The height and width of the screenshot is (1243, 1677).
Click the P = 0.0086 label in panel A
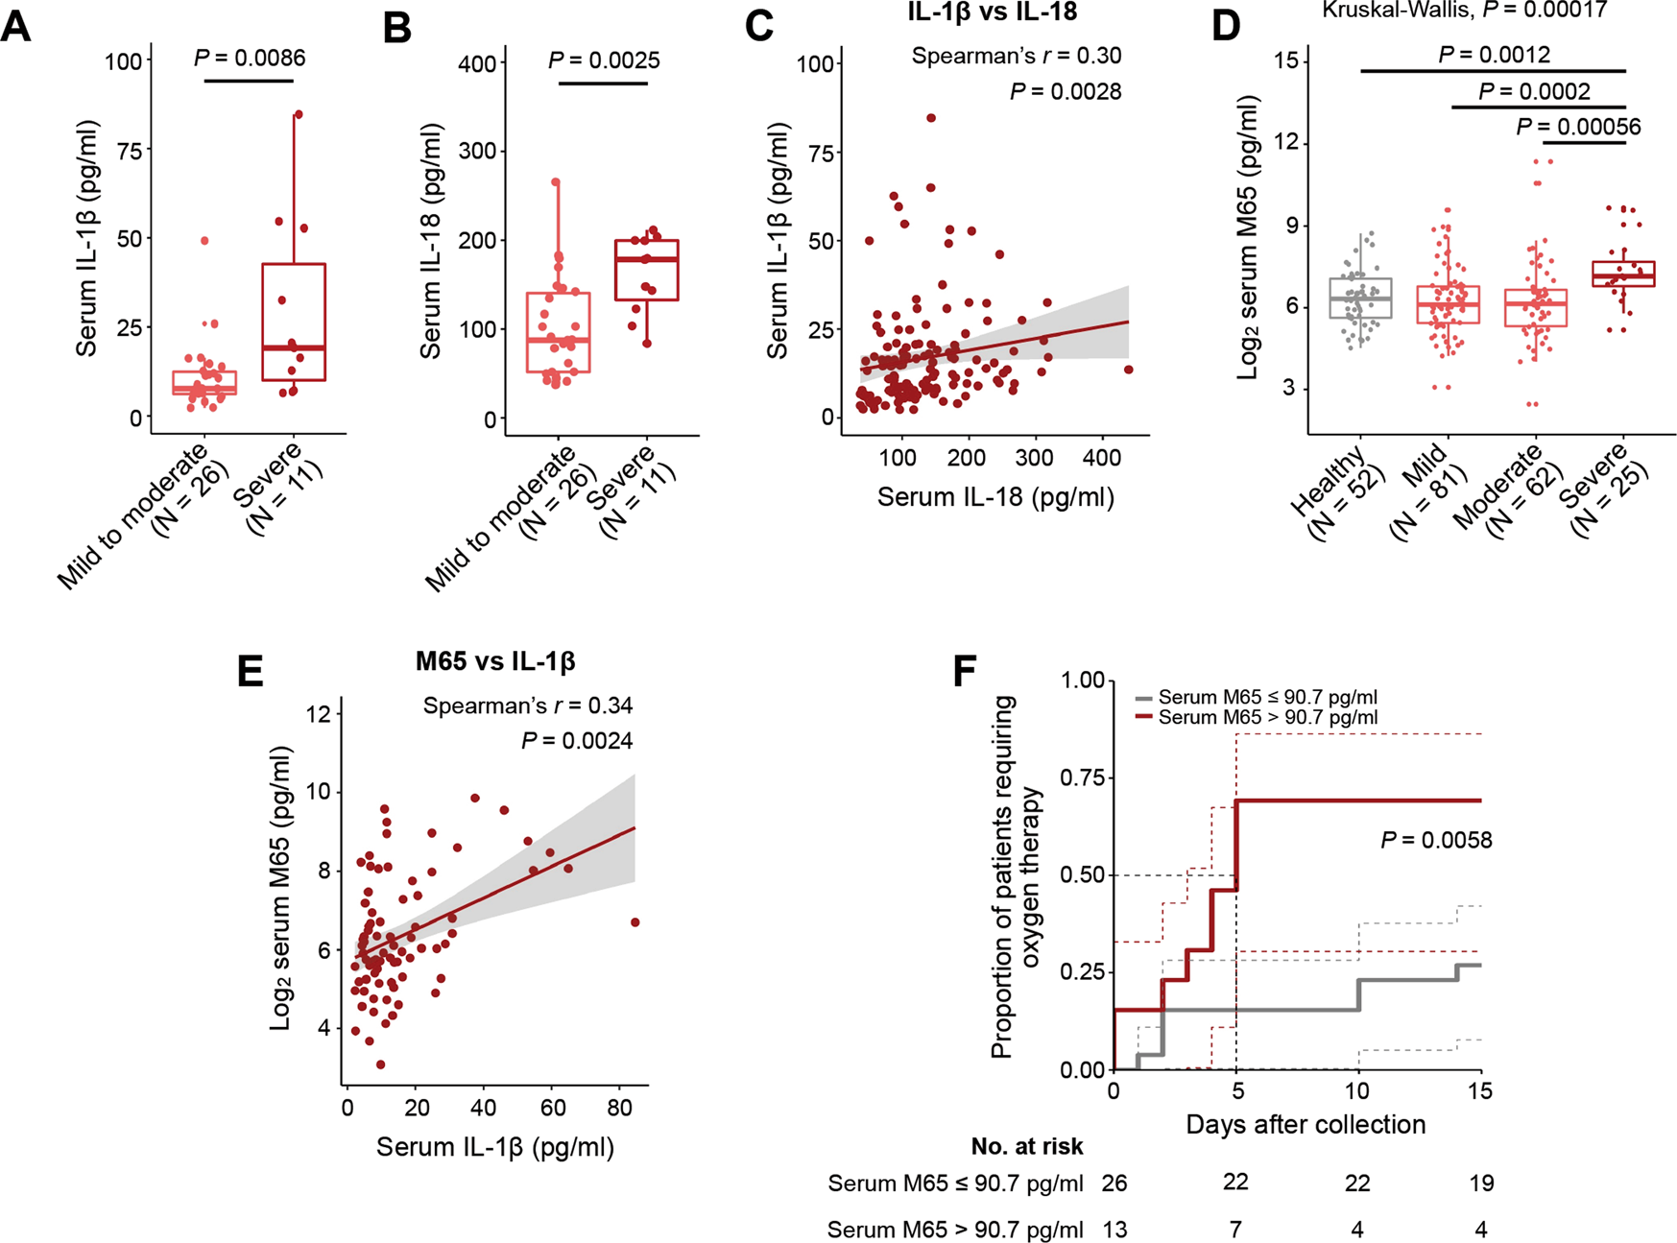pyautogui.click(x=250, y=59)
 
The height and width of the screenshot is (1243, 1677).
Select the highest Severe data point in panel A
pyautogui.click(x=298, y=114)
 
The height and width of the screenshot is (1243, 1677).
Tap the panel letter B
pyautogui.click(x=396, y=29)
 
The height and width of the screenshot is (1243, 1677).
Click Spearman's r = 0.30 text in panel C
pyautogui.click(x=1016, y=56)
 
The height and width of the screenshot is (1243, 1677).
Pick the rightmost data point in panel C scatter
pyautogui.click(x=1128, y=370)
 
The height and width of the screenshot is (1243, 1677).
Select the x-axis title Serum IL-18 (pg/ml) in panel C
pyautogui.click(x=995, y=497)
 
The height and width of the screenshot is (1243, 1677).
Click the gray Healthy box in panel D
pyautogui.click(x=1360, y=299)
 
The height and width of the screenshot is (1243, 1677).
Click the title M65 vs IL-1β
pyautogui.click(x=495, y=660)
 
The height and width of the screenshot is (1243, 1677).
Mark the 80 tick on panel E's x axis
pyautogui.click(x=620, y=1107)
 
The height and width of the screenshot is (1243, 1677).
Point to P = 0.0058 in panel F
pyautogui.click(x=1436, y=841)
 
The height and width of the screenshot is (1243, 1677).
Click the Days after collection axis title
pyautogui.click(x=1306, y=1124)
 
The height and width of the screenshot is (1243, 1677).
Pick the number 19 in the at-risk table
pyautogui.click(x=1481, y=1183)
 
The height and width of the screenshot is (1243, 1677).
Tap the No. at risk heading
pyautogui.click(x=1026, y=1146)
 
